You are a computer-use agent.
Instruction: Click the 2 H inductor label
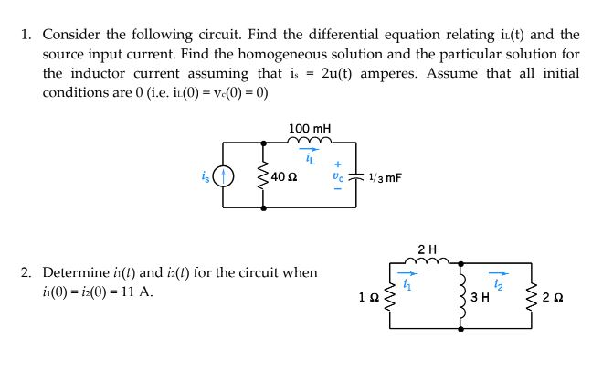[x=426, y=249]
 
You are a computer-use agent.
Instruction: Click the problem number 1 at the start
[x=26, y=35]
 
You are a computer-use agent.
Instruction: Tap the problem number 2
[x=26, y=272]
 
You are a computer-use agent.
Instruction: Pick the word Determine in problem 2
[x=76, y=272]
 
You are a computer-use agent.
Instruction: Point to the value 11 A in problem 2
[x=136, y=292]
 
